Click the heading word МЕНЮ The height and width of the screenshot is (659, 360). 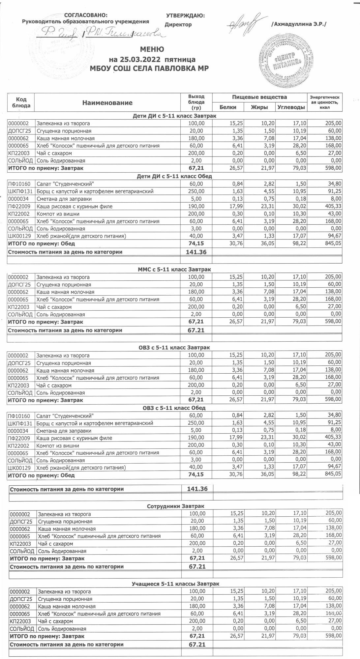point(152,50)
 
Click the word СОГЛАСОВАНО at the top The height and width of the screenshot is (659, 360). point(85,15)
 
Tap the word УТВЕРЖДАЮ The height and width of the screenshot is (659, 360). point(185,15)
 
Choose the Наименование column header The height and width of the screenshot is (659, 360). point(107,103)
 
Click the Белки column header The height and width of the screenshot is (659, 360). point(228,107)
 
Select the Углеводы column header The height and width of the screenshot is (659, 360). point(291,107)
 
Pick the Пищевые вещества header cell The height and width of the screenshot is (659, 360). point(259,97)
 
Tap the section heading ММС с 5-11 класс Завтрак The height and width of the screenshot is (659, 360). point(174,270)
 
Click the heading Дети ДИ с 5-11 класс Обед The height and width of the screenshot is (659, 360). point(174,176)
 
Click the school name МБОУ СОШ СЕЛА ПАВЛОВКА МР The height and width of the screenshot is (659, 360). point(152,69)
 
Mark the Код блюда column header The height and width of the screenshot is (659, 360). point(21,102)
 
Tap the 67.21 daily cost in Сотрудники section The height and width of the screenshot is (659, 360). point(197,567)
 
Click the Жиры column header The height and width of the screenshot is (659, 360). point(259,107)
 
